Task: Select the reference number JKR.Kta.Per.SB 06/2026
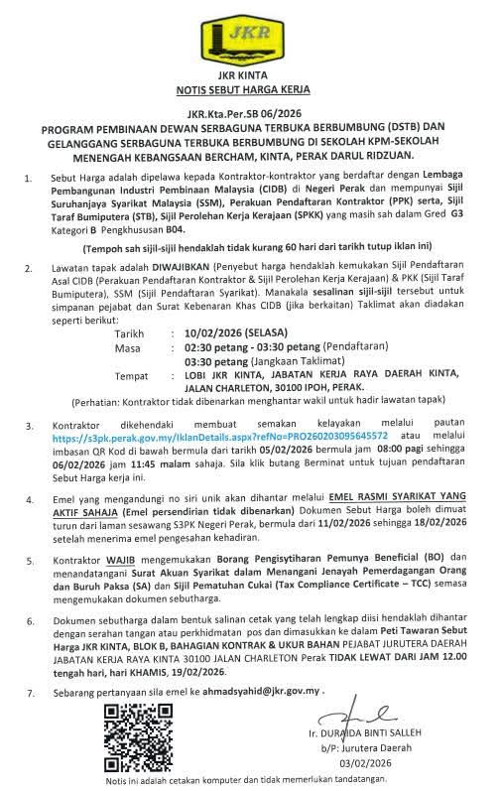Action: [x=250, y=114]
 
